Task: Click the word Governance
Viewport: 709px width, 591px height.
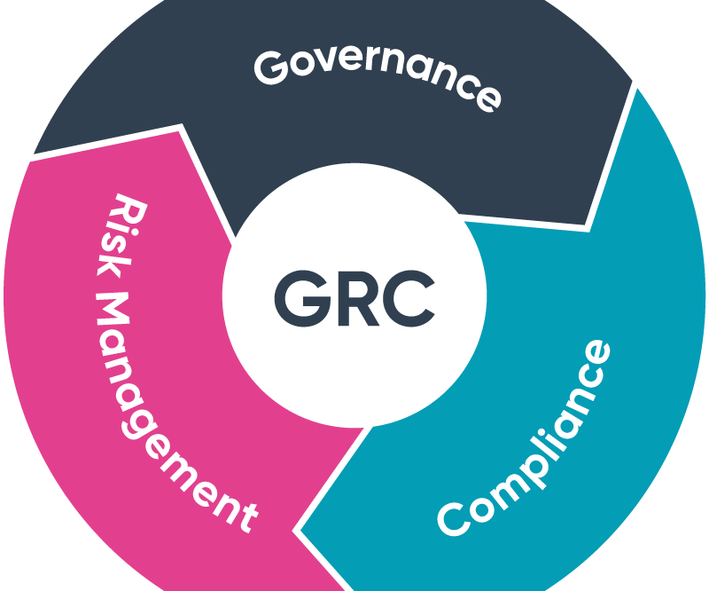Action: tap(378, 77)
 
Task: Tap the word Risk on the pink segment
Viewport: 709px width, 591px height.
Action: tap(119, 235)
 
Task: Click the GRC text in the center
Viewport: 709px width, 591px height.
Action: tap(354, 298)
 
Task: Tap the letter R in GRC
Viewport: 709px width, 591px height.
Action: tap(357, 298)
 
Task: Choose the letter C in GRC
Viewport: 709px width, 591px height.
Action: tap(409, 298)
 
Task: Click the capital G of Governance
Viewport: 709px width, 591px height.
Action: tap(270, 67)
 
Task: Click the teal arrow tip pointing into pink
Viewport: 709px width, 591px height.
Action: tap(297, 531)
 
